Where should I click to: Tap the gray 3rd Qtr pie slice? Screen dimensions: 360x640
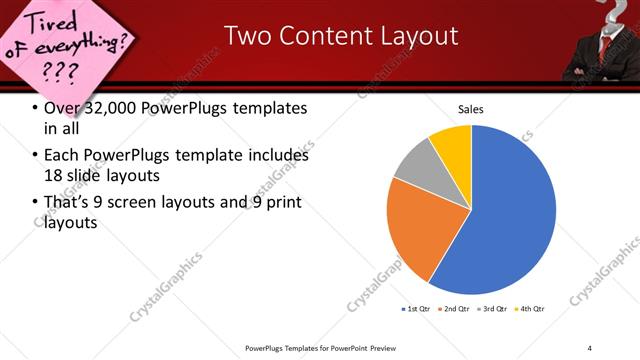click(x=420, y=165)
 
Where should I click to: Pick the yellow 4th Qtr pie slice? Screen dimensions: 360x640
click(x=453, y=142)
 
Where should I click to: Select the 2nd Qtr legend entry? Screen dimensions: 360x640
click(x=455, y=309)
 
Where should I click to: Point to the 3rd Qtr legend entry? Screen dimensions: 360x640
click(x=492, y=309)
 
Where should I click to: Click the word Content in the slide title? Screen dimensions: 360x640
click(x=315, y=36)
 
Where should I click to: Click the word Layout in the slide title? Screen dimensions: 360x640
click(x=414, y=36)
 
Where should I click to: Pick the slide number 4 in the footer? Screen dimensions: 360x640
click(x=589, y=347)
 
